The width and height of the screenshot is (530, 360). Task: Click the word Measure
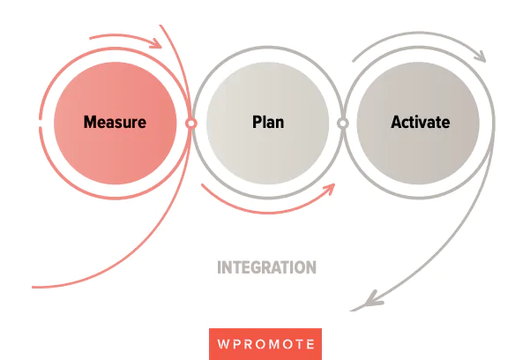click(x=115, y=122)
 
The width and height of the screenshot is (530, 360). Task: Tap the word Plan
click(x=268, y=122)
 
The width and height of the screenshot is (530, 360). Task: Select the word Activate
click(x=420, y=122)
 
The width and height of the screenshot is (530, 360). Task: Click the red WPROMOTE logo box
click(x=265, y=343)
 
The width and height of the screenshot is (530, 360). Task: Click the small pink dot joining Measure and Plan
click(x=190, y=124)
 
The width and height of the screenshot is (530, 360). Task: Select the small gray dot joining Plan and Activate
click(x=343, y=124)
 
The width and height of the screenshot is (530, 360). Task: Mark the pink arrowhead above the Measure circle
click(x=157, y=41)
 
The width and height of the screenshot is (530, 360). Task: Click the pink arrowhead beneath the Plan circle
click(x=332, y=188)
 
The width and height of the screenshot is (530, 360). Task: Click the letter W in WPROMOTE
click(x=221, y=343)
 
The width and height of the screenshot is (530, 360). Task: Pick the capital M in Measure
click(x=90, y=122)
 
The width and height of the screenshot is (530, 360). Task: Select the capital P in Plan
click(x=257, y=122)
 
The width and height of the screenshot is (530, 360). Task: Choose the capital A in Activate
click(x=396, y=122)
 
